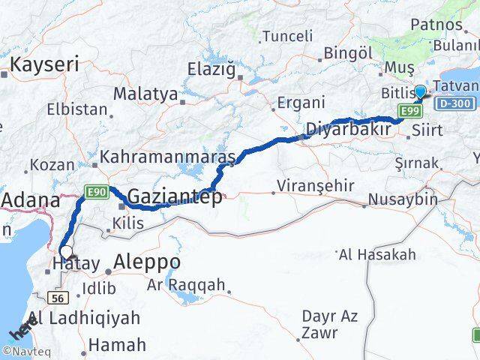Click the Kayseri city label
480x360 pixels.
coord(43,64)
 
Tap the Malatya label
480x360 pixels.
coord(145,94)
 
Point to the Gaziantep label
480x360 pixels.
coord(175,197)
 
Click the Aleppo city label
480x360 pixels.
coord(147,262)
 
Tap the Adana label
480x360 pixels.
coord(31,199)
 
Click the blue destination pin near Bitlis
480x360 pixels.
coord(420,91)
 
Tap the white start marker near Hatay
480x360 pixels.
coord(66,252)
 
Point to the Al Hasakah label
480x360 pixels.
coord(377,255)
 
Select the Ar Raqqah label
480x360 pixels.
coord(186,285)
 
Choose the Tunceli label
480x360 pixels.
coord(287,36)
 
